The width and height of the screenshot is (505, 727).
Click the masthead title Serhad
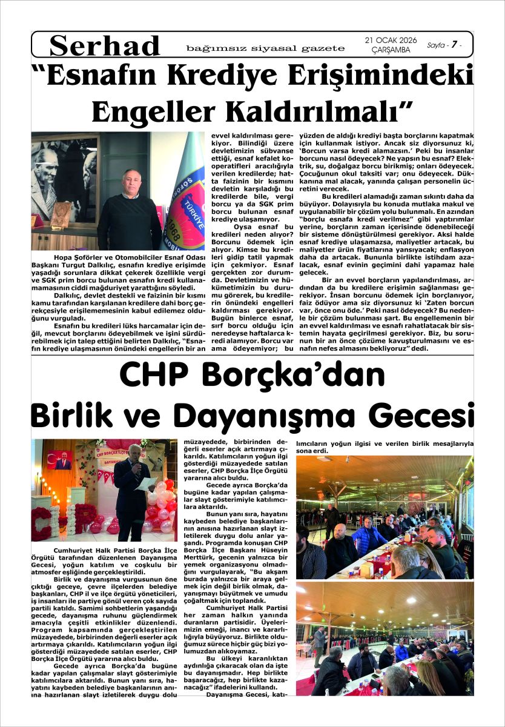point(105,45)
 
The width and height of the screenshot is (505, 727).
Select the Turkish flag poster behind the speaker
point(63,460)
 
